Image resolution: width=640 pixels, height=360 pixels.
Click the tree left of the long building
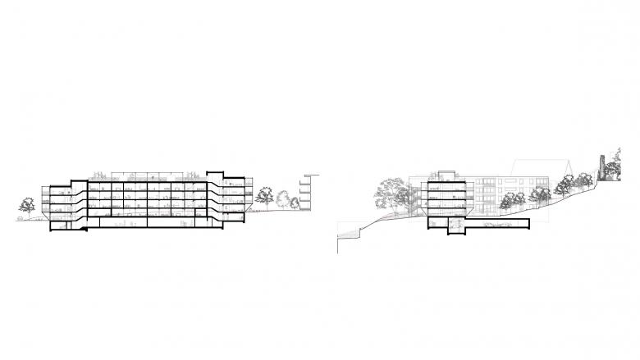(26, 206)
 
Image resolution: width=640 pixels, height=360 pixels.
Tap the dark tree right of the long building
(264, 195)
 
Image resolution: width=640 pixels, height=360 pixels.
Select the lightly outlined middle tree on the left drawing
(282, 199)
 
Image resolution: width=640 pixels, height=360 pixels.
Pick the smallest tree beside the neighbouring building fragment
(295, 202)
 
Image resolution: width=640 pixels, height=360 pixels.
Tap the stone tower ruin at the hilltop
(604, 168)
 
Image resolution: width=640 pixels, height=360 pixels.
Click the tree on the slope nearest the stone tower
(583, 180)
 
